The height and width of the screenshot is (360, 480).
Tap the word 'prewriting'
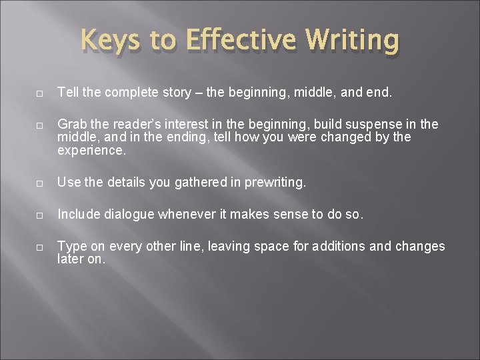[x=273, y=182]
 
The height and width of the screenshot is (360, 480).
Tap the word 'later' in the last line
[x=70, y=259]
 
